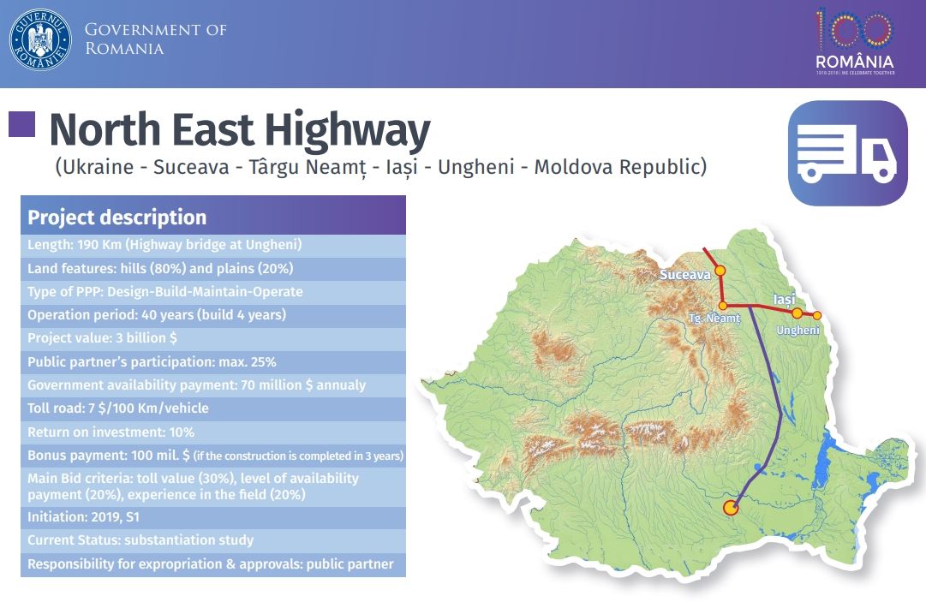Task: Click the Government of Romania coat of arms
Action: coord(40,39)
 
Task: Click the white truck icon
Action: coord(846,153)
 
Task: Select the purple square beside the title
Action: coord(21,125)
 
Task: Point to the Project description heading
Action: coord(117,218)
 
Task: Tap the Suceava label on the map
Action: coord(685,276)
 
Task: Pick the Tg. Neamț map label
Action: coord(714,319)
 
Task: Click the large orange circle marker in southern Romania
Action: coord(731,508)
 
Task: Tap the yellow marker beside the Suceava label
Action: coord(720,271)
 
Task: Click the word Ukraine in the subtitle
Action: coord(96,167)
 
